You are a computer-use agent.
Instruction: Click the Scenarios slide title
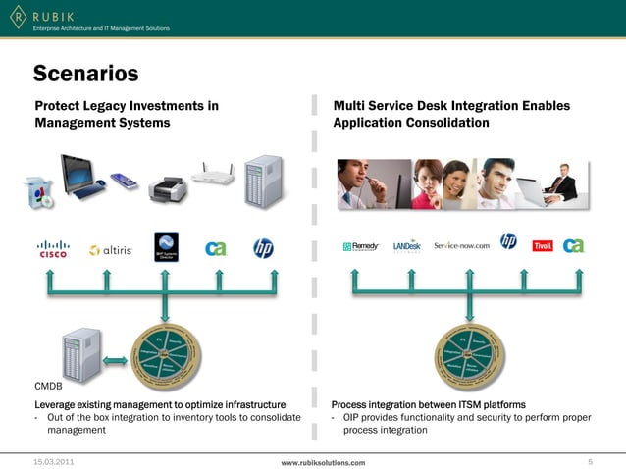(x=85, y=74)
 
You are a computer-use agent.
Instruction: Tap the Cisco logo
(x=53, y=249)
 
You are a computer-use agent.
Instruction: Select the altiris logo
(x=110, y=250)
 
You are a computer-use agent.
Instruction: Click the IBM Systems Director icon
(x=166, y=246)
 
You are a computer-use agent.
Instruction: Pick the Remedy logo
(x=361, y=246)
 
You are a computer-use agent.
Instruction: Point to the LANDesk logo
(x=406, y=246)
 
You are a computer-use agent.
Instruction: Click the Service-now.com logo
(x=461, y=245)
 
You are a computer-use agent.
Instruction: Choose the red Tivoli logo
(x=543, y=246)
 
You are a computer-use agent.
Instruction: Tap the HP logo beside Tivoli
(x=508, y=241)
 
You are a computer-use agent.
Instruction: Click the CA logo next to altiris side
(x=216, y=248)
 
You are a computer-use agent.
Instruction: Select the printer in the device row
(x=167, y=186)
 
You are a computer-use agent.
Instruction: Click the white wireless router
(x=213, y=175)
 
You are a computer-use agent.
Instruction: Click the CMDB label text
(x=48, y=384)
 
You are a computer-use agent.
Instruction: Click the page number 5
(x=590, y=460)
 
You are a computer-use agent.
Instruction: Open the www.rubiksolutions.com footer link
(x=323, y=461)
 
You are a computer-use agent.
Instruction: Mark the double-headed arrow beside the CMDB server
(x=116, y=360)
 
